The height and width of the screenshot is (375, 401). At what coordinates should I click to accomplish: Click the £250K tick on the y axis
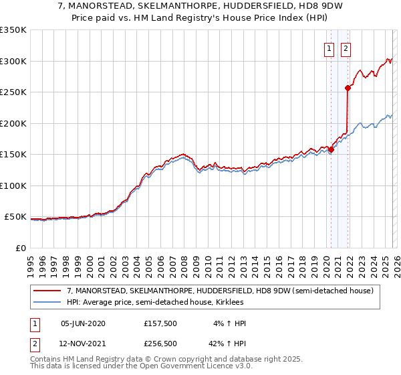point(13,92)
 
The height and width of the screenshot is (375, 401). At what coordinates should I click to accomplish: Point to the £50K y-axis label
point(15,217)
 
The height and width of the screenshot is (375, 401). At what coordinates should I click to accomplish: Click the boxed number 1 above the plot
point(330,48)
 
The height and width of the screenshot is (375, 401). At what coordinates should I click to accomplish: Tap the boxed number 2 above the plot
point(346,48)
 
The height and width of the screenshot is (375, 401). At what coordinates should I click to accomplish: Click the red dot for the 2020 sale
point(331,149)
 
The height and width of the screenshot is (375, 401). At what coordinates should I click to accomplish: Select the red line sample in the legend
point(47,291)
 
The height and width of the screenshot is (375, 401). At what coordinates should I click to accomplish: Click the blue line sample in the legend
point(47,302)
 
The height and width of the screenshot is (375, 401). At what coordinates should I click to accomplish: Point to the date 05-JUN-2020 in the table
point(83,323)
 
